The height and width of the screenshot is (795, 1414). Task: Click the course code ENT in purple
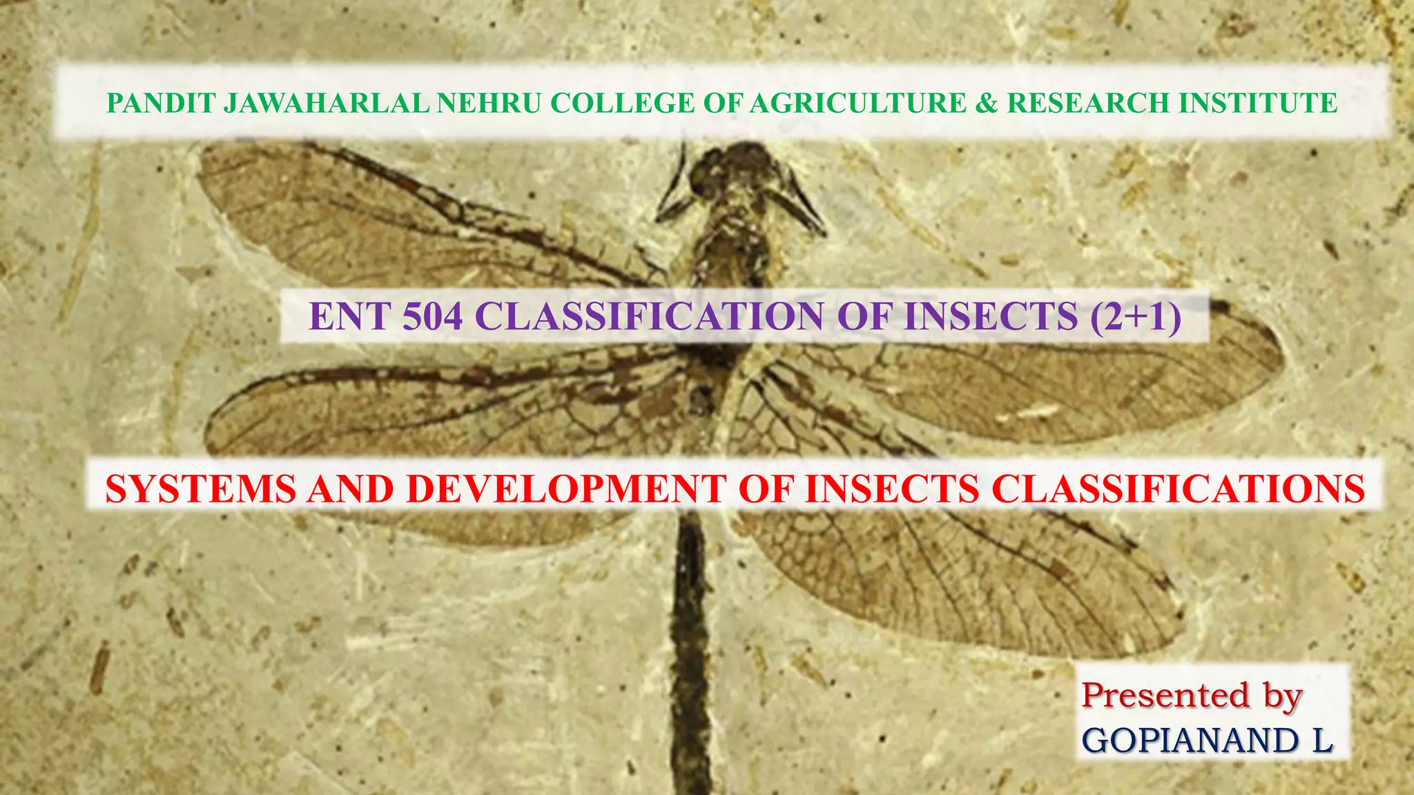coord(350,317)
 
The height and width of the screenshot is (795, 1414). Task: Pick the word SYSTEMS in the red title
coord(200,489)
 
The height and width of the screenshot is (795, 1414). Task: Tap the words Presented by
coord(1191,696)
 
